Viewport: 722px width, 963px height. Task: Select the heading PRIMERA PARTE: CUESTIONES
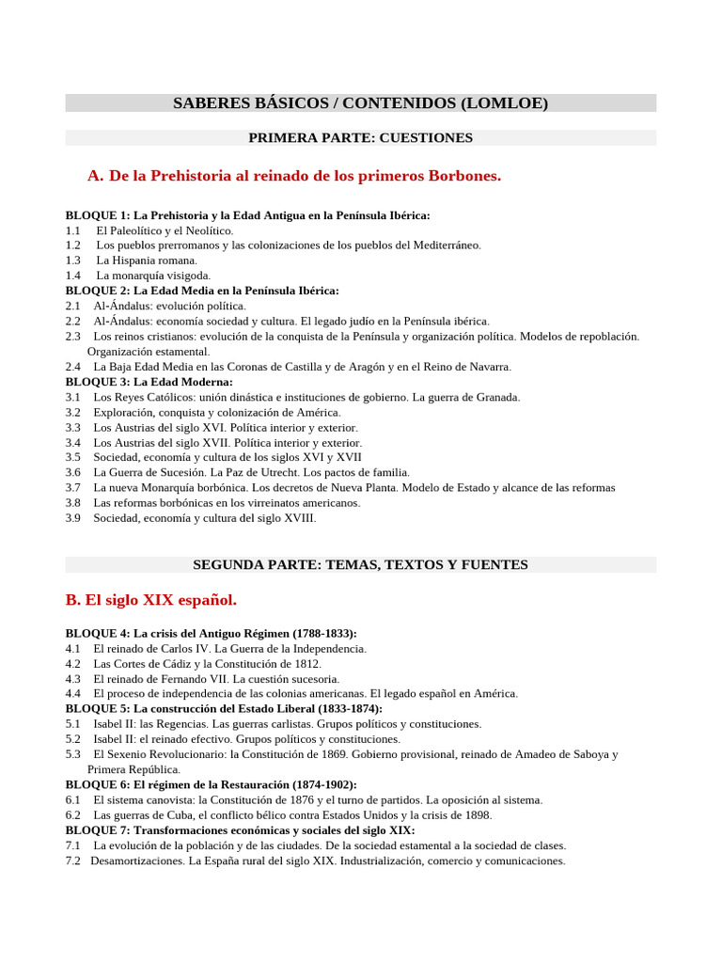360,138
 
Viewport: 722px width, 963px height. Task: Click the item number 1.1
73,230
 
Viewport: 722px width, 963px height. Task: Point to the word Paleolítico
141,230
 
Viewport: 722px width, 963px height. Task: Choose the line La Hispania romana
147,260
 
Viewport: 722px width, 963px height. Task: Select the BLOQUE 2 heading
202,291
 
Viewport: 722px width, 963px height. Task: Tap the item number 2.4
73,367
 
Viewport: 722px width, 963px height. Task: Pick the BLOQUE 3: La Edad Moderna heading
149,382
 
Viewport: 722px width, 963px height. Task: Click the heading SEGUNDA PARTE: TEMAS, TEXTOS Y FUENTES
360,565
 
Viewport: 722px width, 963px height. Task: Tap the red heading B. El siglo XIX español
151,599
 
